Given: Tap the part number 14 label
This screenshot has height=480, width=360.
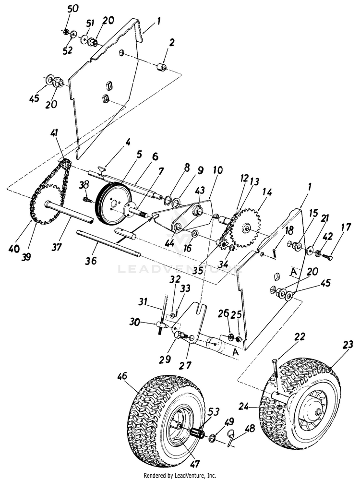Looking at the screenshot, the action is pos(267,192).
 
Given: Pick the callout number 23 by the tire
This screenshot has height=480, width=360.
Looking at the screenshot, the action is pos(348,345).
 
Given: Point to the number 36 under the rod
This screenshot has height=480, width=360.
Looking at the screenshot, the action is pos(91,261).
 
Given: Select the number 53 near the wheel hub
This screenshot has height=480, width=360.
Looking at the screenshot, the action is pos(214,412).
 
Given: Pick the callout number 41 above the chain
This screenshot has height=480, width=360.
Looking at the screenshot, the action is pos(56,133).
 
